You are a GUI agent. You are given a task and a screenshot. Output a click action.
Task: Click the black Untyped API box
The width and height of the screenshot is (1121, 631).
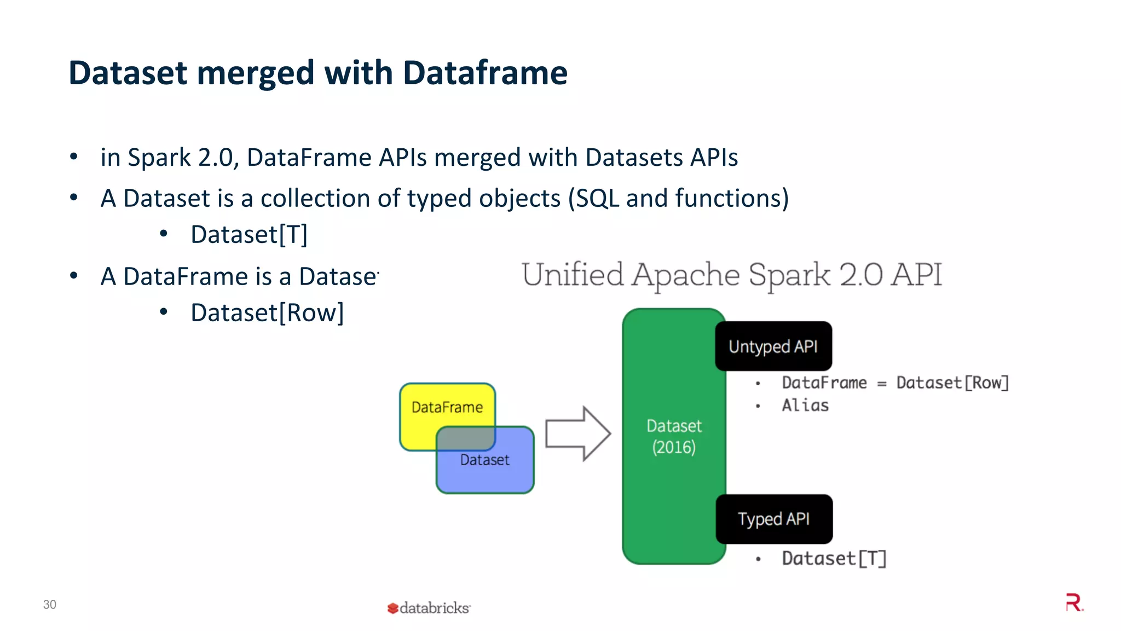tap(773, 346)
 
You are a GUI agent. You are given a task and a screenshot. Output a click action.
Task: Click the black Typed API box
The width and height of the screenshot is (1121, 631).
tap(773, 519)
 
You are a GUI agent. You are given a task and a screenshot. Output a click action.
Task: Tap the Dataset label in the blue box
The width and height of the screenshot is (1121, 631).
tap(484, 460)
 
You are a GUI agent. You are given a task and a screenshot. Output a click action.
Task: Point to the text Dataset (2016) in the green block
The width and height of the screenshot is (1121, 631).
tap(674, 436)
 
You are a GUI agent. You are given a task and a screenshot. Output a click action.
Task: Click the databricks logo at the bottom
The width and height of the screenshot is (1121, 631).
tap(429, 607)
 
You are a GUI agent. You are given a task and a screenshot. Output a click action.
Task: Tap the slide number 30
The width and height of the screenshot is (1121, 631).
tap(50, 604)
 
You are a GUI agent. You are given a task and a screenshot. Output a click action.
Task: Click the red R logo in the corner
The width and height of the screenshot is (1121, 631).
tap(1074, 603)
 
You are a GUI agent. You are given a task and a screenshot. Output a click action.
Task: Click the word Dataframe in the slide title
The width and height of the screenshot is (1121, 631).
tap(485, 73)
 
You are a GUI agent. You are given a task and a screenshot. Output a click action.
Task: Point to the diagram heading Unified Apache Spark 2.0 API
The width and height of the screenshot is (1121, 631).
tap(732, 275)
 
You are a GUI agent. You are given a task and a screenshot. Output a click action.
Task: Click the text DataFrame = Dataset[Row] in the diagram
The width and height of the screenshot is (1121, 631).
tap(894, 383)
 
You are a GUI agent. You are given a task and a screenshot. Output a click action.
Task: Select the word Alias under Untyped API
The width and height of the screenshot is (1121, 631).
tap(805, 406)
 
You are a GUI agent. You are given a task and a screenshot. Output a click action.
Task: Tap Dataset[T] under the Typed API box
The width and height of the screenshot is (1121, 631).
tap(834, 558)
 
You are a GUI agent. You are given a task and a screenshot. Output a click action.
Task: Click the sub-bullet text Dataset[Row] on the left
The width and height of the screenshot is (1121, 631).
tap(267, 313)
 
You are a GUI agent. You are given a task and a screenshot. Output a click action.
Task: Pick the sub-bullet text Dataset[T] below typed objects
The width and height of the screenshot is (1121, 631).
tap(249, 235)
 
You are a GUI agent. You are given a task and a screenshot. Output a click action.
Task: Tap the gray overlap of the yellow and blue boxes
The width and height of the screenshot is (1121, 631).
tap(466, 438)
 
